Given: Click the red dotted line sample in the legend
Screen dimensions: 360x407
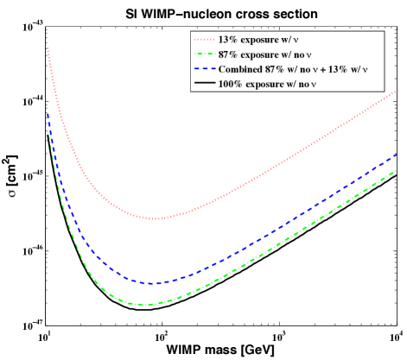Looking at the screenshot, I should (x=204, y=40).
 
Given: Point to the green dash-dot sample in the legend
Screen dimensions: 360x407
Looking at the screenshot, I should (x=204, y=54).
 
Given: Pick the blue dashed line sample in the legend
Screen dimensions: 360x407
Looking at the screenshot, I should (x=204, y=69).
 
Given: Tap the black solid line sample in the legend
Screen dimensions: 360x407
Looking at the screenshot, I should (x=204, y=84).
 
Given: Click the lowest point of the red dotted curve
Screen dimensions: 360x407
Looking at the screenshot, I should (x=153, y=218).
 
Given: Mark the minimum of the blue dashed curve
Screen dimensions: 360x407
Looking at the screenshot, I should (x=153, y=283).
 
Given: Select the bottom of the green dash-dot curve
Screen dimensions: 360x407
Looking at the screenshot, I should (x=151, y=304).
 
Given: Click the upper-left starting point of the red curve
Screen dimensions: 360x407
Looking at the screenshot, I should (x=48, y=48).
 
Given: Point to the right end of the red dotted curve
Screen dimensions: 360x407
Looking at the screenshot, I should (x=396, y=91).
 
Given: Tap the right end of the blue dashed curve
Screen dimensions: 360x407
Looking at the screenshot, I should (x=396, y=155).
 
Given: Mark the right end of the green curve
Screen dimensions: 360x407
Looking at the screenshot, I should (x=396, y=171).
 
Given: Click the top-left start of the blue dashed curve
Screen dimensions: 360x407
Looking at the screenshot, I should (x=48, y=114).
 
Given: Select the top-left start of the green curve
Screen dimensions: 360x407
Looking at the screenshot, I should (x=48, y=131).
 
